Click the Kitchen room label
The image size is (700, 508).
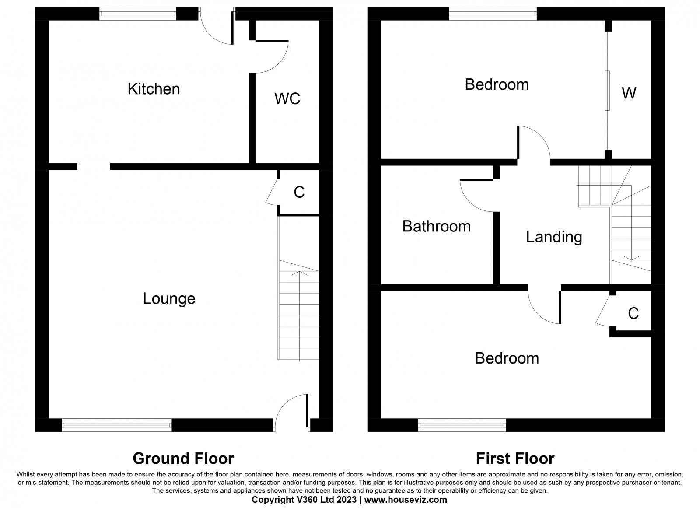pyautogui.click(x=154, y=89)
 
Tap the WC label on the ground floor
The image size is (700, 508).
pyautogui.click(x=287, y=98)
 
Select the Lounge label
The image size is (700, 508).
pyautogui.click(x=169, y=298)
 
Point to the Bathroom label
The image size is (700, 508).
pyautogui.click(x=436, y=226)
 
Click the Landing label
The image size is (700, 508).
pyautogui.click(x=554, y=237)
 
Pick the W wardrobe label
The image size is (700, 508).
pyautogui.click(x=629, y=93)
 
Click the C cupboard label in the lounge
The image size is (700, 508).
pyautogui.click(x=299, y=192)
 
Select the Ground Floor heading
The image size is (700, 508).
pyautogui.click(x=183, y=459)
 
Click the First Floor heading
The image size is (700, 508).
pyautogui.click(x=515, y=459)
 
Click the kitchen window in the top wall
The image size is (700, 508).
pyautogui.click(x=138, y=14)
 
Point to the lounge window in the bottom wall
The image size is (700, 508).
pyautogui.click(x=117, y=425)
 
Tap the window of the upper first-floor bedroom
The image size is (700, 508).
pyautogui.click(x=493, y=14)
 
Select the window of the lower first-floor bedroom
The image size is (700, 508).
pyautogui.click(x=462, y=425)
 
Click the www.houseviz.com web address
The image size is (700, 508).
pyautogui.click(x=406, y=500)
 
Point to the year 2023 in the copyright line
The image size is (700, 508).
pyautogui.click(x=346, y=500)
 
